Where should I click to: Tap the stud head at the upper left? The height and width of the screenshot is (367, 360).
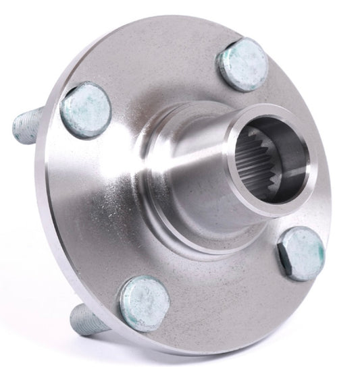[85, 109]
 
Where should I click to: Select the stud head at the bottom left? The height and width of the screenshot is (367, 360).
[144, 304]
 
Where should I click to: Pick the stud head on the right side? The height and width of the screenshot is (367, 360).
[301, 254]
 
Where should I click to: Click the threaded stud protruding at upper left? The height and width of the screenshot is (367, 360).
[30, 125]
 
